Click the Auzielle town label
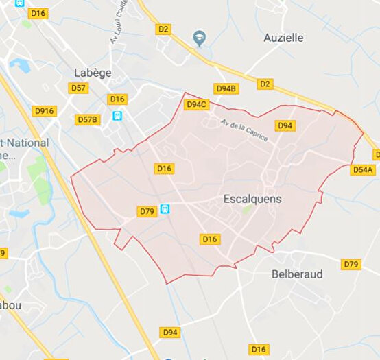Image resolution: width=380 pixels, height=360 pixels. coord(283,38)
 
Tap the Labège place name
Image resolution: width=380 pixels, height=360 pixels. coord(93,72)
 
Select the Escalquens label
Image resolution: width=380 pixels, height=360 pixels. coord(252,199)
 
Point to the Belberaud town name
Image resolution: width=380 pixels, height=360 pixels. coord(296,274)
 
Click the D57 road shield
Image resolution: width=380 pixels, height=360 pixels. coord(78,88)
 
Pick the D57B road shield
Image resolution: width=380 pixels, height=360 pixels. coord(88,120)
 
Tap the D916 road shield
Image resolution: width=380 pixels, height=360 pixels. coord(44,111)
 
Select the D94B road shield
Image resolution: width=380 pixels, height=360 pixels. coord(226,88)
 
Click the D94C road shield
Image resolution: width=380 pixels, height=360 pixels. coord(196,104)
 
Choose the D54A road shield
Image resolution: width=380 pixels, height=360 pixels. coord(363,169)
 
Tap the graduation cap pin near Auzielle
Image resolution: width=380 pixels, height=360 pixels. coord(200,38)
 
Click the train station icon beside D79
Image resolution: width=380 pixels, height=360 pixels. coord(165,209)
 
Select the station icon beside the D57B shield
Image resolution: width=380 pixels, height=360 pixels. coord(118,117)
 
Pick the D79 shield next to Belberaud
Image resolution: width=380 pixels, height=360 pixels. coord(351,264)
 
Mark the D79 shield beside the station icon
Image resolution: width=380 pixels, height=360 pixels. coord(146,211)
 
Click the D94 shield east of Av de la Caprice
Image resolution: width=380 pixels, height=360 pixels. coord(285,125)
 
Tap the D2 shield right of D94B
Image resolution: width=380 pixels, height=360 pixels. coord(265,84)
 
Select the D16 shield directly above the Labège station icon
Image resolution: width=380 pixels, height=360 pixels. coord(117,99)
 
